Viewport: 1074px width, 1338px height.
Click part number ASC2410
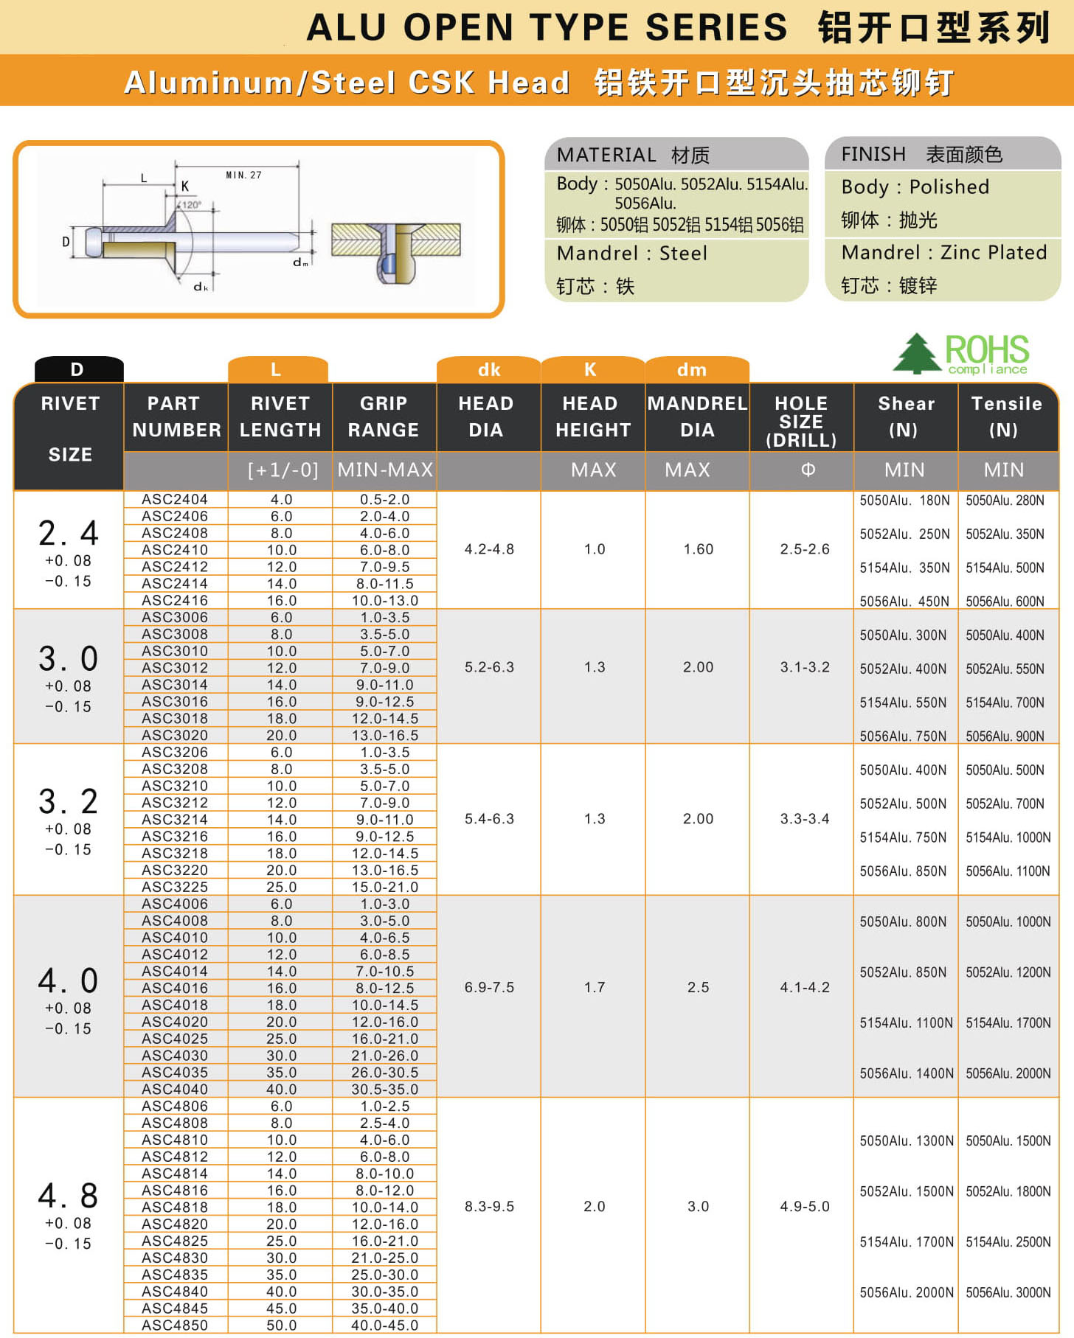175,550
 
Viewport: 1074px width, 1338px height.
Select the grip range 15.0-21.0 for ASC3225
384,887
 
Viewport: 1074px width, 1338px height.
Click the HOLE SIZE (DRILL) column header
801,422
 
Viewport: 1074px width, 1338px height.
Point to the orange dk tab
488,369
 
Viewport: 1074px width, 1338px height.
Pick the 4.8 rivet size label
68,1196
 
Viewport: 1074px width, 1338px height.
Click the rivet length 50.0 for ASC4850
281,1325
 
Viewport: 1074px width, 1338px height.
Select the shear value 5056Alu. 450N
904,602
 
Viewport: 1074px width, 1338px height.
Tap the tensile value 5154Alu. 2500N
1008,1242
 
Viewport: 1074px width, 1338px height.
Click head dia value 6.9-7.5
489,987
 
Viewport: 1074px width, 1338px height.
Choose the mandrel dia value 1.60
698,549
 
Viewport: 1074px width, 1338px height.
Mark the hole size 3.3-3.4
804,819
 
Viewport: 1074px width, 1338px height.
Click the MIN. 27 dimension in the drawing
243,175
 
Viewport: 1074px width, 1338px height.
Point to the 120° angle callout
191,205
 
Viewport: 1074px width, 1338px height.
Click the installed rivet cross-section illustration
396,251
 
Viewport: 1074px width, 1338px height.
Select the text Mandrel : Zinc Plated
943,253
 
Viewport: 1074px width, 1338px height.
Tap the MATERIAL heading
606,155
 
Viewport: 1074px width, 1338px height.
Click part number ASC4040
175,1089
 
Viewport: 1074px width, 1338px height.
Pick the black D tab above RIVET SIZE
77,369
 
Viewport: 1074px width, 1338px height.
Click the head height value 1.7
594,987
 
